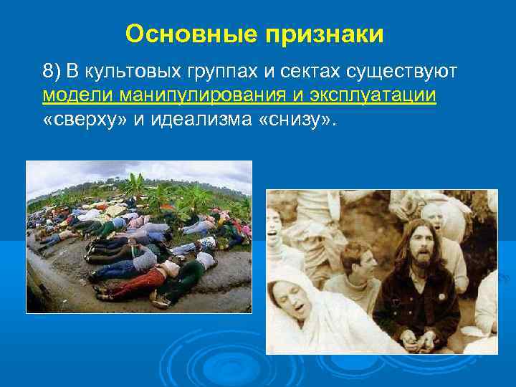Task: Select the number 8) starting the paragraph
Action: (52, 72)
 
